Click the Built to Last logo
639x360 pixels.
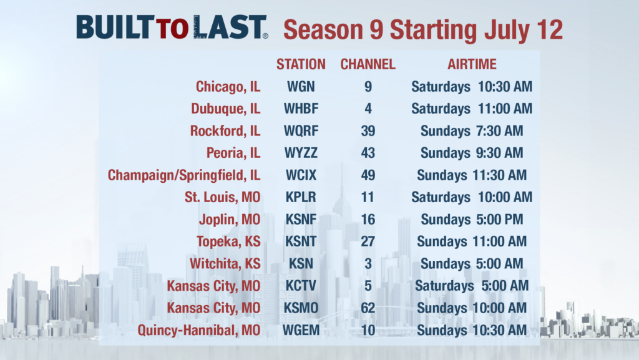pos(172,28)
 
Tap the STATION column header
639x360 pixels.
pos(301,64)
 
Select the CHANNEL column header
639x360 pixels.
pos(368,64)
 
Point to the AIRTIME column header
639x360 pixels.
pos(472,64)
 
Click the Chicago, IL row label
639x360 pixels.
pos(228,87)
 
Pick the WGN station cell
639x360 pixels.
pos(301,87)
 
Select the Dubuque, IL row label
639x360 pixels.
pos(225,109)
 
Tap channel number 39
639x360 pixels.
pos(368,131)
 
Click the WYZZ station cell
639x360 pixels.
pos(301,153)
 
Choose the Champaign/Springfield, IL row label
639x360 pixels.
pos(184,175)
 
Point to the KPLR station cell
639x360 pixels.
pos(301,197)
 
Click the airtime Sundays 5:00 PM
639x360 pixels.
pos(472,220)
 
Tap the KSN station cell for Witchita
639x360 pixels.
pos(301,263)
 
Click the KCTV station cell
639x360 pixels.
pos(301,286)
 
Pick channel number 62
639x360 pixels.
pos(368,308)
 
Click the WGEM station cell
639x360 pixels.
pos(301,330)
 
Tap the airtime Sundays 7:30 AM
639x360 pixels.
pos(472,131)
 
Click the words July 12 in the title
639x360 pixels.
pos(527,30)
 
